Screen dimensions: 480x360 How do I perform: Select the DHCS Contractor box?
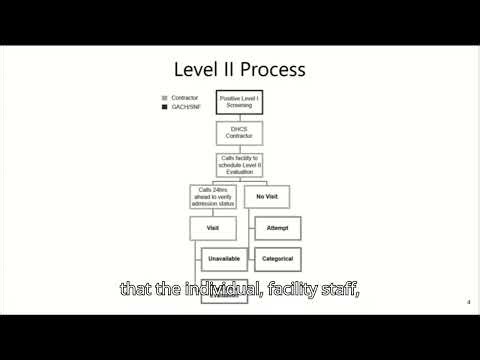[239, 132]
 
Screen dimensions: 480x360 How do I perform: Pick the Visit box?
[212, 228]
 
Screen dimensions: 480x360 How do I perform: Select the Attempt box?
[277, 228]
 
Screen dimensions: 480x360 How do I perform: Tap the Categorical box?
[277, 259]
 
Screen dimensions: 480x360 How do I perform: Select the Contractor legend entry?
[185, 97]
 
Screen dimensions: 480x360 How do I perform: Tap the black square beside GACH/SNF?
[164, 105]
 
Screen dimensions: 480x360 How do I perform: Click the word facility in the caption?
[258, 289]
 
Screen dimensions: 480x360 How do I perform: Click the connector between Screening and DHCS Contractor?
[239, 118]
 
